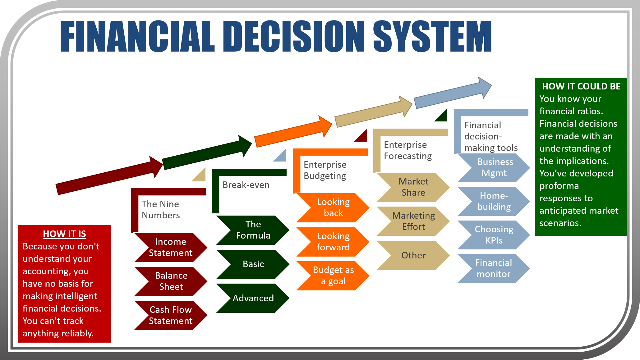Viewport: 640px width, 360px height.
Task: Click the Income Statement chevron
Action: coord(170,247)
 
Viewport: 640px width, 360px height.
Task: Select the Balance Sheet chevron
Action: coord(171,281)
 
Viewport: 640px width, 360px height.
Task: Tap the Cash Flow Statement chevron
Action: coord(170,315)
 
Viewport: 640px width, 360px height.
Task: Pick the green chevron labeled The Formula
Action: coord(253,230)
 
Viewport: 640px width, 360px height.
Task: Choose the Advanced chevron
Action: coord(253,298)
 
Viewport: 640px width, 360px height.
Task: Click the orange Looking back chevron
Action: coord(333,207)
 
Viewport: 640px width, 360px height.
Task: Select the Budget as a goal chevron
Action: coord(333,276)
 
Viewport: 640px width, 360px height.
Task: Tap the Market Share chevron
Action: coord(413,187)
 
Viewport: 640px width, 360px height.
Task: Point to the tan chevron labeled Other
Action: coord(413,255)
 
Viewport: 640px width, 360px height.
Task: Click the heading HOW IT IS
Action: coord(64,234)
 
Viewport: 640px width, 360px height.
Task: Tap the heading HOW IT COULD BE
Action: coord(581,86)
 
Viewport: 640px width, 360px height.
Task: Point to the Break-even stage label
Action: coord(246,185)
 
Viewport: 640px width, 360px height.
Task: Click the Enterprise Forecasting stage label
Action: coord(407,150)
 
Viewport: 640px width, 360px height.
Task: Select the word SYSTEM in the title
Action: coord(432,36)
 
